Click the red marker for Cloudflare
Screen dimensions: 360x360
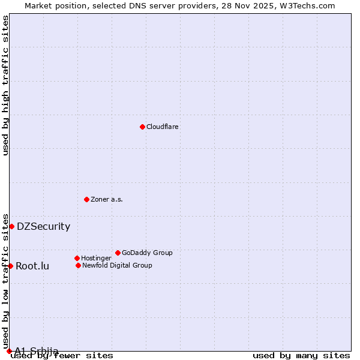[x=142, y=127]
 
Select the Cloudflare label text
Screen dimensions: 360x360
[x=163, y=127]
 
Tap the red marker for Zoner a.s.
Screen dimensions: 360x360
[x=86, y=199]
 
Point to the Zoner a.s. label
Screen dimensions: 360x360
[x=107, y=200]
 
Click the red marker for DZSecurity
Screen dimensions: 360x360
[x=11, y=226]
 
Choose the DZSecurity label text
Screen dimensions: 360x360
[x=43, y=227]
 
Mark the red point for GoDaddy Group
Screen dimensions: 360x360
[x=118, y=253]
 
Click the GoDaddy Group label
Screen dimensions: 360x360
[x=147, y=253]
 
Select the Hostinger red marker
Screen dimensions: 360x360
[x=77, y=258]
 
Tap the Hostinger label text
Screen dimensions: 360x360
[x=96, y=259]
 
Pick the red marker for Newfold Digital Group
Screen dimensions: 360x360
[x=78, y=265]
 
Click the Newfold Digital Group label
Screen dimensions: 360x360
[x=117, y=266]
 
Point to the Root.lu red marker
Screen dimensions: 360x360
[x=10, y=266]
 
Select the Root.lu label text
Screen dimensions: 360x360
[x=32, y=266]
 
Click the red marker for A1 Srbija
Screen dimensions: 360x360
[x=9, y=351]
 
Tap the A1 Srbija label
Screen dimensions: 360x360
[x=37, y=351]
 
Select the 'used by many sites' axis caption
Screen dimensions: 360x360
[x=301, y=356]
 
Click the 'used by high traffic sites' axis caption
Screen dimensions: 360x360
[x=6, y=85]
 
